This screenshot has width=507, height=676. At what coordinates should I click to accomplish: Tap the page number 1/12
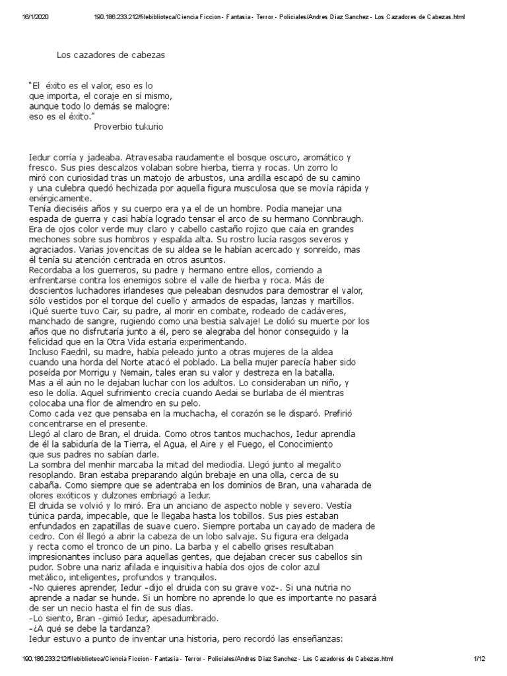479,659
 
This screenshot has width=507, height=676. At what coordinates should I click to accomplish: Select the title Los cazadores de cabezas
110,55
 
